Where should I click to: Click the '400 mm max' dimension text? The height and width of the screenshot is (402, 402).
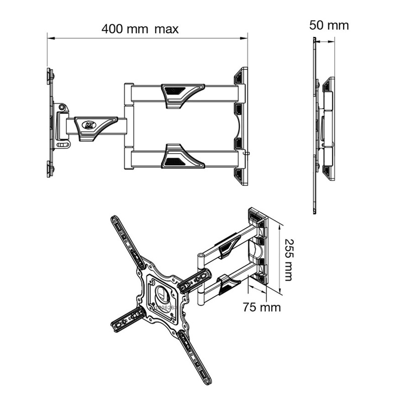[x=140, y=29]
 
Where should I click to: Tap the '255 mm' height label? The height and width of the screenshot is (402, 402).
[x=287, y=259]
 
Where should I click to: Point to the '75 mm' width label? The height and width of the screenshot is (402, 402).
[x=261, y=307]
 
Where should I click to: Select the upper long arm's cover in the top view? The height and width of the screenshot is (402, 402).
[x=182, y=93]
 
